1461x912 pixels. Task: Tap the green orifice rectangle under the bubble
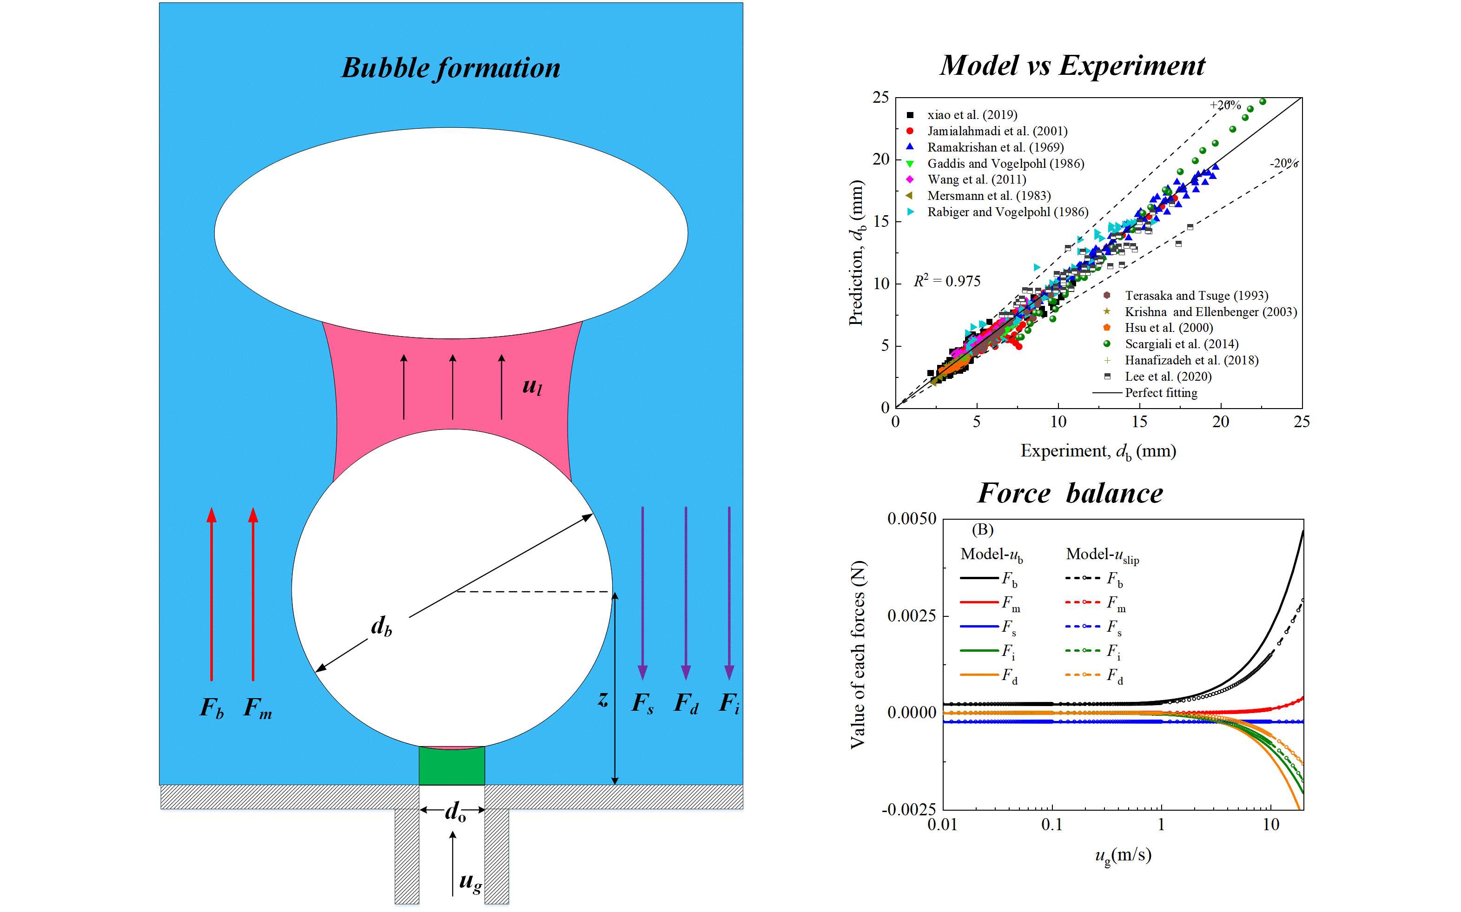pos(452,766)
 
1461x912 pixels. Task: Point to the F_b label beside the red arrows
pos(212,707)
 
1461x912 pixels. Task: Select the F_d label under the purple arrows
pos(686,703)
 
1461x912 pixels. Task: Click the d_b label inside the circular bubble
pos(381,627)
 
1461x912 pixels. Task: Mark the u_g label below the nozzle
pos(470,882)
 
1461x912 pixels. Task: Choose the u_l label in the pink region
pos(532,386)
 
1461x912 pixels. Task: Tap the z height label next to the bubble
pos(602,700)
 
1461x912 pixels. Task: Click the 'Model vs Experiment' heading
pos(1072,65)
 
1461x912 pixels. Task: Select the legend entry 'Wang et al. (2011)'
pos(976,179)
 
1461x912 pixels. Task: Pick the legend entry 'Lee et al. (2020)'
pos(1167,377)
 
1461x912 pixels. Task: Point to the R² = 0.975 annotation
pos(947,281)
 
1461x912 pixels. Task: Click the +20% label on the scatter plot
pos(1224,105)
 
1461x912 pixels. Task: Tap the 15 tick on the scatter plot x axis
pos(1139,422)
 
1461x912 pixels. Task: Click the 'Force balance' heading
pos(1070,493)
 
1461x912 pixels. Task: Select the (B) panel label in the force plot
pos(982,529)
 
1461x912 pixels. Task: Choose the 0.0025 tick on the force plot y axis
pos(912,616)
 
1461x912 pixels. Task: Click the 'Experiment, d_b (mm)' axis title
pos(1098,451)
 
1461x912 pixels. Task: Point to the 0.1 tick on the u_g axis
pos(1052,825)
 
